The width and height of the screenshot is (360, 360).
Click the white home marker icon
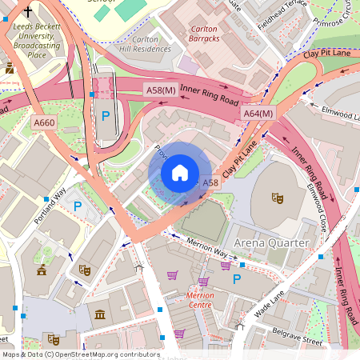[180, 173]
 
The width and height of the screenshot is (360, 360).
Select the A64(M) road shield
[258, 114]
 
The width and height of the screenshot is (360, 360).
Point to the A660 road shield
[44, 122]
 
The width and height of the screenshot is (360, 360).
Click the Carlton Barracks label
[209, 34]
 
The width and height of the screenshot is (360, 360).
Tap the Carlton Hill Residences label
[140, 43]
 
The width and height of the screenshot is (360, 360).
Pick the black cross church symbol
[28, 12]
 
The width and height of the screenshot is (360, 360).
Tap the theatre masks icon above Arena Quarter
[278, 197]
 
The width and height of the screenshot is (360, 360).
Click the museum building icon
[99, 314]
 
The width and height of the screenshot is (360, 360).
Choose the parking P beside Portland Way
[78, 206]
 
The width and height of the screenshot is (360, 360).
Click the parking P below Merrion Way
[236, 279]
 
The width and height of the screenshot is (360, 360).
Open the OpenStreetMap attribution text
[80, 354]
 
